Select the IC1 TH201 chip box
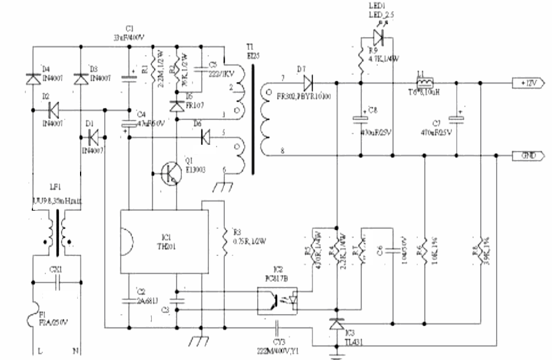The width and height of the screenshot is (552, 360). coord(160,241)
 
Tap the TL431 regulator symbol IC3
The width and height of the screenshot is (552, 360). coord(337,324)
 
